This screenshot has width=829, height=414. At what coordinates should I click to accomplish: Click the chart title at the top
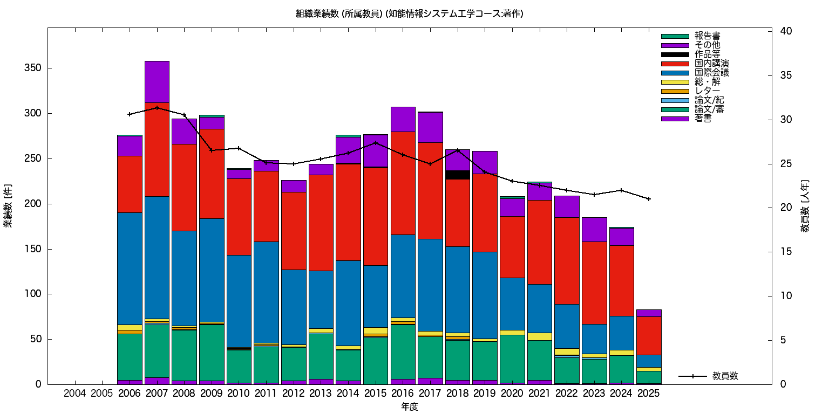click(x=410, y=14)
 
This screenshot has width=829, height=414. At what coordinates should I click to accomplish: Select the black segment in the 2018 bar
click(x=458, y=175)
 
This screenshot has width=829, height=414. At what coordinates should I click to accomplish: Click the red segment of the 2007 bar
click(x=157, y=149)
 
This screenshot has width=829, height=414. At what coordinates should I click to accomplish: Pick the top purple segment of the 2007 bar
click(x=157, y=81)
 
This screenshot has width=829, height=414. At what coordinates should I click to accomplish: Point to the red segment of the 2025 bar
click(x=649, y=335)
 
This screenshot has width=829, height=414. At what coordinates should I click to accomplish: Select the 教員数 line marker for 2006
click(x=130, y=114)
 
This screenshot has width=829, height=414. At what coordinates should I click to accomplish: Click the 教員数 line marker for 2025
click(x=649, y=199)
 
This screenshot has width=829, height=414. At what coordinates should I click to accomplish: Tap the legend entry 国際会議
click(x=711, y=73)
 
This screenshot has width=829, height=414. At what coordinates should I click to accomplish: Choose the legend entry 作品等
click(x=707, y=54)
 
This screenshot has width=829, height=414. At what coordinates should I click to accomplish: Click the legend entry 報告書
click(x=707, y=36)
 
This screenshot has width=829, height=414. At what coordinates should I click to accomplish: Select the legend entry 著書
click(x=703, y=119)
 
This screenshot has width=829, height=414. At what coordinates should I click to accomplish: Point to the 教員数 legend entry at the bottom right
click(x=725, y=376)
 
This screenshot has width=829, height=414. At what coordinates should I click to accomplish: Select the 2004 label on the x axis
click(x=74, y=394)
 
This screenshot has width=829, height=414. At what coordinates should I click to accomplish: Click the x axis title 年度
click(x=410, y=407)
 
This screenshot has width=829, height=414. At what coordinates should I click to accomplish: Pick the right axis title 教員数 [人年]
click(x=805, y=206)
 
